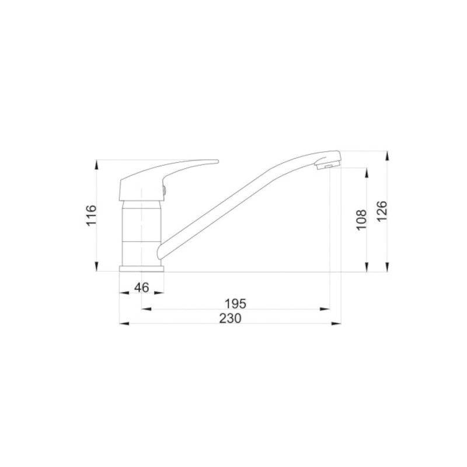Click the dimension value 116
pyautogui.click(x=92, y=215)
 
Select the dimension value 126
pyautogui.click(x=382, y=211)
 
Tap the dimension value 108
pyautogui.click(x=361, y=220)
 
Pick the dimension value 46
pyautogui.click(x=141, y=288)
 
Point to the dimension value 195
pyautogui.click(x=235, y=304)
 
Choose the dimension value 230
pyautogui.click(x=230, y=318)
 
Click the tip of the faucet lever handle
pyautogui.click(x=218, y=162)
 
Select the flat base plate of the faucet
pyautogui.click(x=141, y=269)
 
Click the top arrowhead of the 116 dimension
pyautogui.click(x=96, y=165)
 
